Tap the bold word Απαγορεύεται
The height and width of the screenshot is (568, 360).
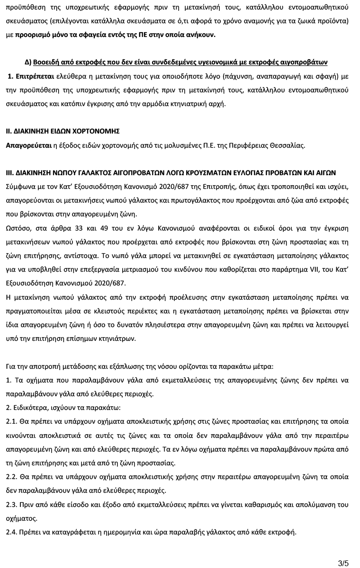pos(28,145)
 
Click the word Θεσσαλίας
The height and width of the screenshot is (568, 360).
pos(288,145)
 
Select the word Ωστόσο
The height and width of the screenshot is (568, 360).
pos(18,228)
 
